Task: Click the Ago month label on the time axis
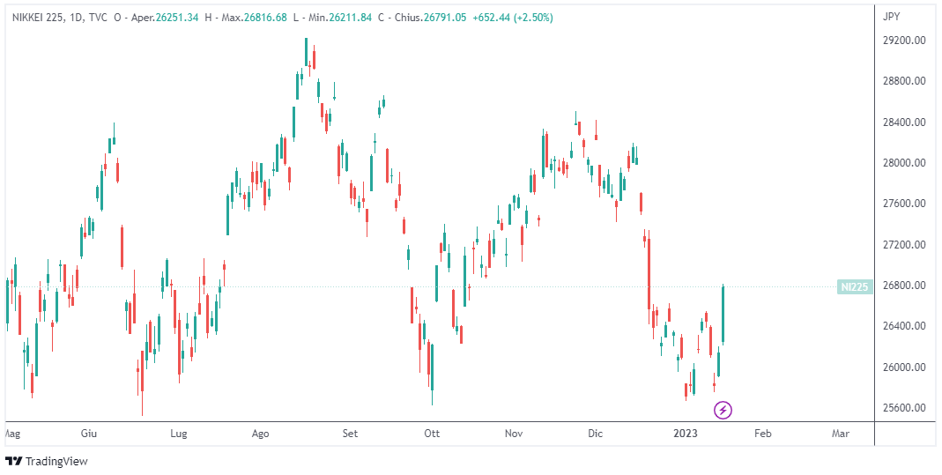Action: (260, 434)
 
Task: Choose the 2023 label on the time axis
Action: (686, 434)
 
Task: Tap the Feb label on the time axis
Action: (763, 434)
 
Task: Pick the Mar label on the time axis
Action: (841, 434)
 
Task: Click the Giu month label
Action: (88, 434)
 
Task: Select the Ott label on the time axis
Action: (432, 434)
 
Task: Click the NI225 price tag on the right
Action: (854, 286)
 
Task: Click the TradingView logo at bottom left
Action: (48, 461)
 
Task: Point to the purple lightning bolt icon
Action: (723, 410)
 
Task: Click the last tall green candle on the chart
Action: (723, 315)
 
